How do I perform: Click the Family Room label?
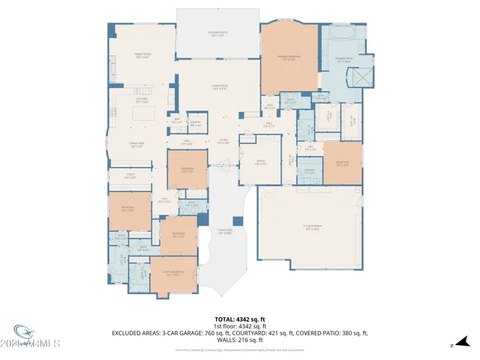point(142,55)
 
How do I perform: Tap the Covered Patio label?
point(218,34)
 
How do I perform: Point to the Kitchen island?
point(143,113)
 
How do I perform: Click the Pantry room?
point(196,123)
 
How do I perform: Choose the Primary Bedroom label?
point(288,58)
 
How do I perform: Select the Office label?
point(260,163)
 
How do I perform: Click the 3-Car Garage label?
point(312,228)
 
